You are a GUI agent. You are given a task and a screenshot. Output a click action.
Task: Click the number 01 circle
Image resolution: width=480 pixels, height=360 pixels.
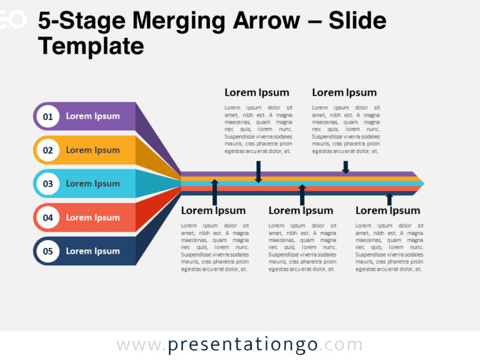coord(47,116)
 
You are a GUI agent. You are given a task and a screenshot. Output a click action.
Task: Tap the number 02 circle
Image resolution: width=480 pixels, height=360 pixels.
coord(47,150)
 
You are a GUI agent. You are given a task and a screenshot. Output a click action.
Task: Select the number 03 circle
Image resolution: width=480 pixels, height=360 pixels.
coord(47,184)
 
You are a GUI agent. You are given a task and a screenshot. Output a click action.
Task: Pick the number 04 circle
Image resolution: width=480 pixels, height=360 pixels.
coord(47,217)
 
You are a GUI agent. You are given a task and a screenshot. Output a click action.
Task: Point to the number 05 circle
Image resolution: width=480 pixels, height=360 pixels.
coord(47,251)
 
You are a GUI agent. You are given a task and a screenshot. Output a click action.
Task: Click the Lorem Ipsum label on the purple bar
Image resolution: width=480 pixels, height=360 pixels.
coord(92,116)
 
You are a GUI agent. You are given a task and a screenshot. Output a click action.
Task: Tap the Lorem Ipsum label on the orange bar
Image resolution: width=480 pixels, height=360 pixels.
coord(92,150)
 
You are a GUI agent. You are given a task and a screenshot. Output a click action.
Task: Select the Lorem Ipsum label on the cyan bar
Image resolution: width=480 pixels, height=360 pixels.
coord(92,184)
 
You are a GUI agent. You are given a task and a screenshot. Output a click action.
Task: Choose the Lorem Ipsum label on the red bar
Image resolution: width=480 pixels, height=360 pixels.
coord(92,217)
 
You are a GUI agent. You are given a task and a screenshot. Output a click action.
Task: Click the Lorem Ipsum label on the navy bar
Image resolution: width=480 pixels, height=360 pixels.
coord(92,251)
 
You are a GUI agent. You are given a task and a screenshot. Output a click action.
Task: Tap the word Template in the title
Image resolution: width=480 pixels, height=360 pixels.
coord(91,46)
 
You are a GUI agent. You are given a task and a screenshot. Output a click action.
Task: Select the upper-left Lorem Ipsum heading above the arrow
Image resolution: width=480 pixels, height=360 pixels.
coord(257,92)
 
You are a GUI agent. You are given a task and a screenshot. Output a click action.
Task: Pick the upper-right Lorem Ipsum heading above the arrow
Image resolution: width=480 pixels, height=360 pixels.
coord(344,92)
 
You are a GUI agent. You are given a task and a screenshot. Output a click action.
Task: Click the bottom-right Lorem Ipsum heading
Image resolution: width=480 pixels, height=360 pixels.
coord(387,211)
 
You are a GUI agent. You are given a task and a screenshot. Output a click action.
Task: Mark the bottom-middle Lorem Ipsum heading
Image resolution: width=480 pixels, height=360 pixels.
coord(301,211)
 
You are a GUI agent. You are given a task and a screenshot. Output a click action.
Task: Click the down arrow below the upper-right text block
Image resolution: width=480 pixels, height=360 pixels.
coord(346,167)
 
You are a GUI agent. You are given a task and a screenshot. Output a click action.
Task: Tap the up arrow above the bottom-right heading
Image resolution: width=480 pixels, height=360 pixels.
coord(389,199)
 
